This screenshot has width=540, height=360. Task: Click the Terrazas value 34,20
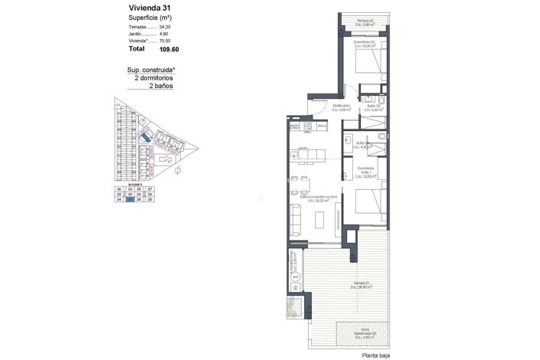coord(165,27)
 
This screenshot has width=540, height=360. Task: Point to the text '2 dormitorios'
coord(154,78)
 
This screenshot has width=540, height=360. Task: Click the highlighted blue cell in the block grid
coord(129,200)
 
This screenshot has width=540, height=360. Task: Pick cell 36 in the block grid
coord(119,188)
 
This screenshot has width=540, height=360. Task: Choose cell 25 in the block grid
coord(151,200)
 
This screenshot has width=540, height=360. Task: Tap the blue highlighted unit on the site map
coord(143,137)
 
